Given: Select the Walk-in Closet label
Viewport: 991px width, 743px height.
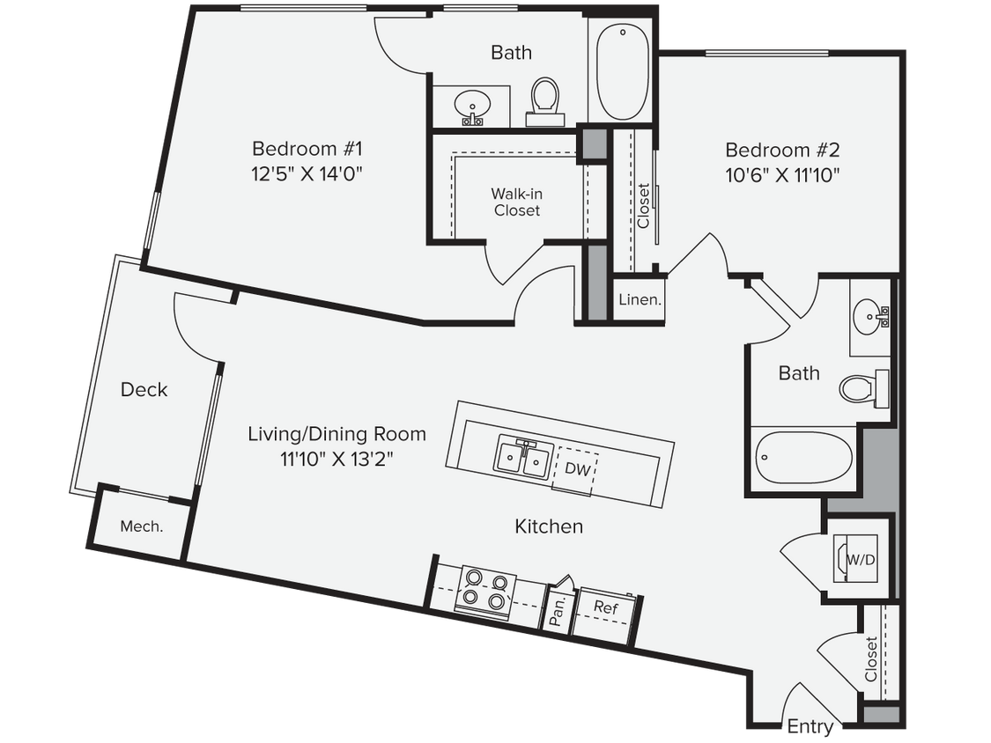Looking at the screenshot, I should (x=516, y=202).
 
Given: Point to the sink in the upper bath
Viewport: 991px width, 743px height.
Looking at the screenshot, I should (x=473, y=107).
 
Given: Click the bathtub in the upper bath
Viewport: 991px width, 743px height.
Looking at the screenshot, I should (x=623, y=74).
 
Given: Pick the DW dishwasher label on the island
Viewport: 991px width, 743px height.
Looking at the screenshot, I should (x=577, y=469).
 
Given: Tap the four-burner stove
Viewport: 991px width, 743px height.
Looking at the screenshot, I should (x=485, y=591).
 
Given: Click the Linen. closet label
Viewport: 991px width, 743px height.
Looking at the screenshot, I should (x=640, y=299).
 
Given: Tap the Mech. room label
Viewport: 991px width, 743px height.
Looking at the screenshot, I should (x=141, y=526).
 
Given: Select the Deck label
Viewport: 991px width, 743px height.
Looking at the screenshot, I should (x=144, y=389).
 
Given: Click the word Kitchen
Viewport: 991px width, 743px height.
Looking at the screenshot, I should (x=549, y=526).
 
